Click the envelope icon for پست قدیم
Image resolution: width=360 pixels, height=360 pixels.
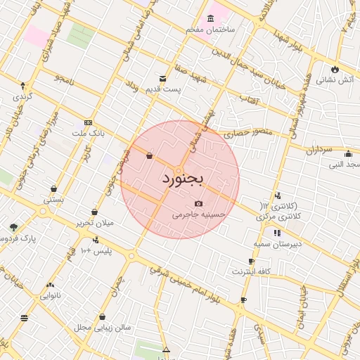163,78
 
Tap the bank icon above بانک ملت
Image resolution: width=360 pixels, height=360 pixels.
87,122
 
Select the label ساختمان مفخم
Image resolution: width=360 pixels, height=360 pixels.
210,30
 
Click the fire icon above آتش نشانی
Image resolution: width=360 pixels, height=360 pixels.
335,69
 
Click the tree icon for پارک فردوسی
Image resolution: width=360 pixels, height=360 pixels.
13,227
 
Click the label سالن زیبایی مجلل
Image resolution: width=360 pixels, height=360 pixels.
99,328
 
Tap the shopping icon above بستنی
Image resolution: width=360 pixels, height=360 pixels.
54,188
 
